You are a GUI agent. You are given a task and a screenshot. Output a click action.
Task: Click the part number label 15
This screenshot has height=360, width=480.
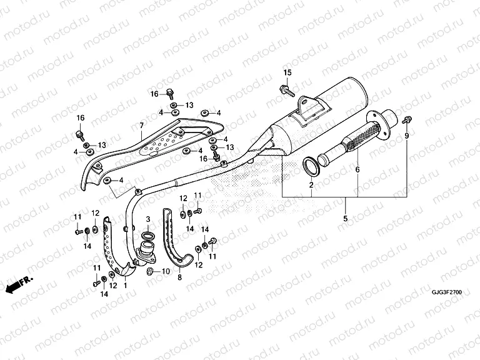287,73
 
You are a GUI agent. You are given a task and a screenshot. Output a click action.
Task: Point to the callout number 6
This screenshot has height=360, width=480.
358,169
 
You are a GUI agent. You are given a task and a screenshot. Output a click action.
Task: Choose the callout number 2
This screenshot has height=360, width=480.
311,186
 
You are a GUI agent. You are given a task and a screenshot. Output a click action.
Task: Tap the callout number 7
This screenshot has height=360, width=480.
142,126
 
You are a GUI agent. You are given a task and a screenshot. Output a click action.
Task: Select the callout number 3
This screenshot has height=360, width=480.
147,219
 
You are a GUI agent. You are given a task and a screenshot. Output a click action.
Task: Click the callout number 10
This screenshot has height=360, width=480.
166,271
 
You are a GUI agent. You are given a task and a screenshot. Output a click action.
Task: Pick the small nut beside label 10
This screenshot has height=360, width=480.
151,271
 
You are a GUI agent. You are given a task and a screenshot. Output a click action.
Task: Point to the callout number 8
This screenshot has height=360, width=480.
179,277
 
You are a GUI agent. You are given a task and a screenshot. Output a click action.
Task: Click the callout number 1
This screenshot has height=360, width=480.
125,286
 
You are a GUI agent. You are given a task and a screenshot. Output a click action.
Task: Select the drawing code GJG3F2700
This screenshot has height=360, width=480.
447,291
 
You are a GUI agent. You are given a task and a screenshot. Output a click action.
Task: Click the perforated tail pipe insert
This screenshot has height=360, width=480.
354,144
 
